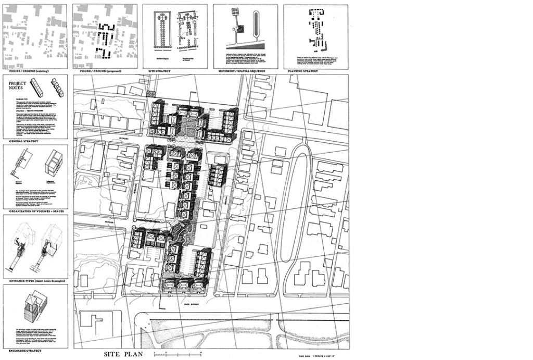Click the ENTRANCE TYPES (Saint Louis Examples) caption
click(35, 281)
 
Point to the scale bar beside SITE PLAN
click(177, 354)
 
